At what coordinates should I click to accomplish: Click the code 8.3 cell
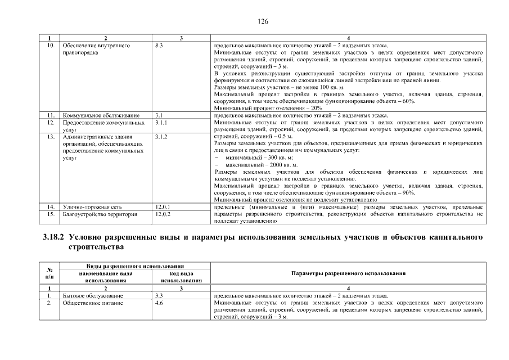point(159,45)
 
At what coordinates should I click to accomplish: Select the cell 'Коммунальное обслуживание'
point(101,115)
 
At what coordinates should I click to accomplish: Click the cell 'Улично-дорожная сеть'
point(92,207)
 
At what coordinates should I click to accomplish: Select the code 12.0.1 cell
point(162,207)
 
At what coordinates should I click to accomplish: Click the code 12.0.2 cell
point(162,214)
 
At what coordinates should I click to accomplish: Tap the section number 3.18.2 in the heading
point(54,237)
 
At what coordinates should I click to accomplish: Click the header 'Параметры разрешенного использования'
point(349,273)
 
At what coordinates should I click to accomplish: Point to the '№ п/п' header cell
point(49,273)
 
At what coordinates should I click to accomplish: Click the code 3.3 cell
point(159,295)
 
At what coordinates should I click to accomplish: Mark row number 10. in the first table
point(50,45)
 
